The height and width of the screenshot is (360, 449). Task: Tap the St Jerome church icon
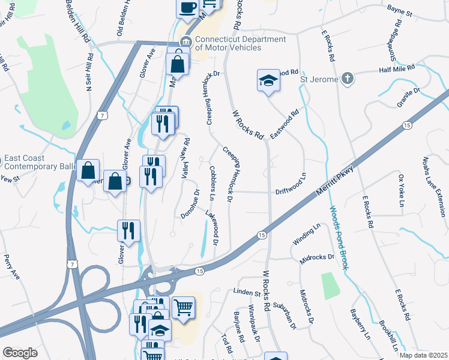pos(346,79)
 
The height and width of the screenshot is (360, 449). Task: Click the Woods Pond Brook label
pos(339,238)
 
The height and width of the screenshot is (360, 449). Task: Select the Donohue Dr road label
pos(190,203)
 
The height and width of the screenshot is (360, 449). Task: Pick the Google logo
pos(19,353)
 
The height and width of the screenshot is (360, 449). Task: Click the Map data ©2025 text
pos(423,355)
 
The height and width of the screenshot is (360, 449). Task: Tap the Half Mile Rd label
pos(397,69)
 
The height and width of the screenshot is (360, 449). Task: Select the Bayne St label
pos(400,12)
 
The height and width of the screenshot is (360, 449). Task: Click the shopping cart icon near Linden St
pos(184,307)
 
